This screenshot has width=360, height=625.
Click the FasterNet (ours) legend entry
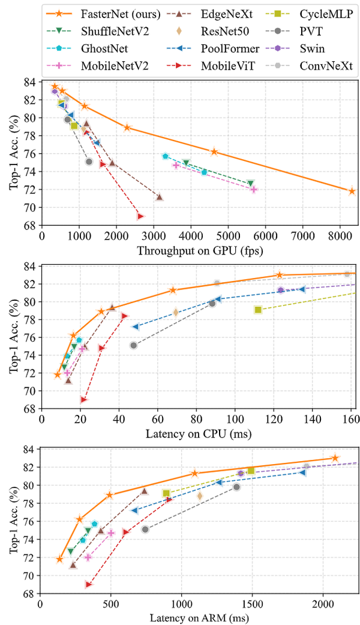pyautogui.click(x=103, y=11)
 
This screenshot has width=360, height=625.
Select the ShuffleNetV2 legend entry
pyautogui.click(x=103, y=28)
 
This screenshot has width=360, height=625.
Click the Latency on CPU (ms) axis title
pyautogui.click(x=200, y=433)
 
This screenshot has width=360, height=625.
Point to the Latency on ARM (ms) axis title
pyautogui.click(x=200, y=618)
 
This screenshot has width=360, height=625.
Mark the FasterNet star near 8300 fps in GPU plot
pyautogui.click(x=352, y=191)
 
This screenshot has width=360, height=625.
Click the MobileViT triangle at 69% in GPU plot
pyautogui.click(x=140, y=216)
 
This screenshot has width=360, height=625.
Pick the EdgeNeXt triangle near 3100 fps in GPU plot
pyautogui.click(x=159, y=197)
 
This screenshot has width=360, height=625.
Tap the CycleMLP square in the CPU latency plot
pyautogui.click(x=258, y=310)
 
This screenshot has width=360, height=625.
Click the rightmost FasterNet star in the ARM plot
pyautogui.click(x=335, y=458)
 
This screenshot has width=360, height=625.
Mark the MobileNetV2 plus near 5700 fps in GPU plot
pyautogui.click(x=254, y=190)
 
